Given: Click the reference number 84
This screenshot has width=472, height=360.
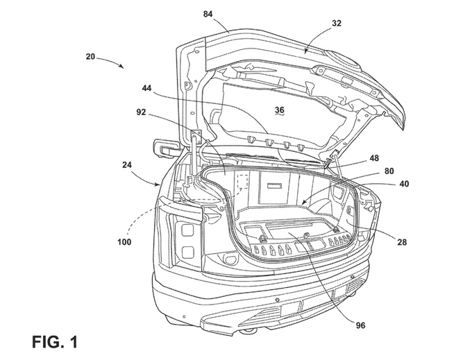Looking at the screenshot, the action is pos(208,14).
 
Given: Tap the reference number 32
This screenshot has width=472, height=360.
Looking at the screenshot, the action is pos(337,23).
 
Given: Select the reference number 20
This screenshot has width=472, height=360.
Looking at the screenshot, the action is pos(90,56).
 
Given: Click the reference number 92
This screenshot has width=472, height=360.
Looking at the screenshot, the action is pos(141,112).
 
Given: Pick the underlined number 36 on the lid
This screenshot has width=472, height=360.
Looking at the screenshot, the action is pos(279,110).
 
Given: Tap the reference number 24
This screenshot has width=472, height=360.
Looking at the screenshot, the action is pos(128,164).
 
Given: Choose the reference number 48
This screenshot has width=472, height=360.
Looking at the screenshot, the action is pos(374,158).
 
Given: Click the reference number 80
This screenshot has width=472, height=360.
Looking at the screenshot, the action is pos(389,171).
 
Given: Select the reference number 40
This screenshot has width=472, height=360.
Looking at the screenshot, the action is pos(404,183).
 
